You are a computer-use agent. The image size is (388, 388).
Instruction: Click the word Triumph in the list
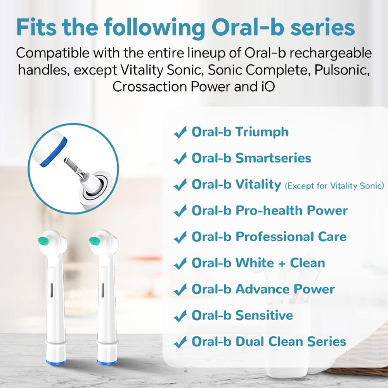tap(262, 132)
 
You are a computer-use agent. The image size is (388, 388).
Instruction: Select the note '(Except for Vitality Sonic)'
tap(334, 186)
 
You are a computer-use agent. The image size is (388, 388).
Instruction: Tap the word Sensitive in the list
tap(264, 315)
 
